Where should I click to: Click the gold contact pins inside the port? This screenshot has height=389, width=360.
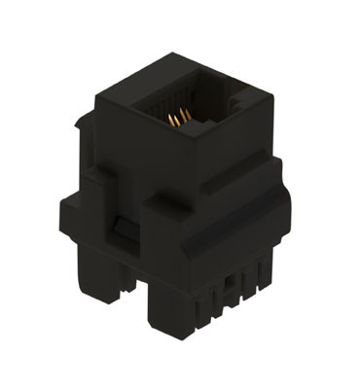pos(178,119)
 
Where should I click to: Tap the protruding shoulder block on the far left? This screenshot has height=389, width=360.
pos(73,214)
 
